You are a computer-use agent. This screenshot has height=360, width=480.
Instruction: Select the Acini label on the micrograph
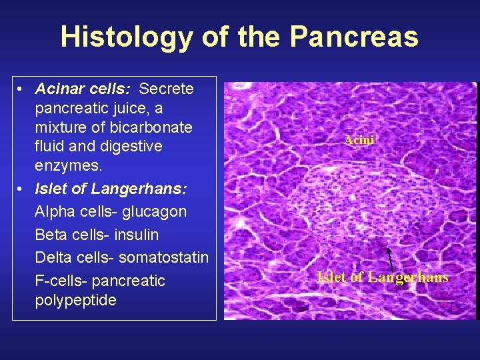pos(359,140)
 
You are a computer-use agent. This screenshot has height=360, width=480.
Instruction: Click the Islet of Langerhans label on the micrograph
pos(382,277)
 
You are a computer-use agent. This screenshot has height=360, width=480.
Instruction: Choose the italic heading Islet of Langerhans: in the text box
pos(111,189)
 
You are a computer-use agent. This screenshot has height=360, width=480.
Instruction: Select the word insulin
pos(136,235)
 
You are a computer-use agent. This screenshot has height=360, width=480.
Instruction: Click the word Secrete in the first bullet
pos(167,89)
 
